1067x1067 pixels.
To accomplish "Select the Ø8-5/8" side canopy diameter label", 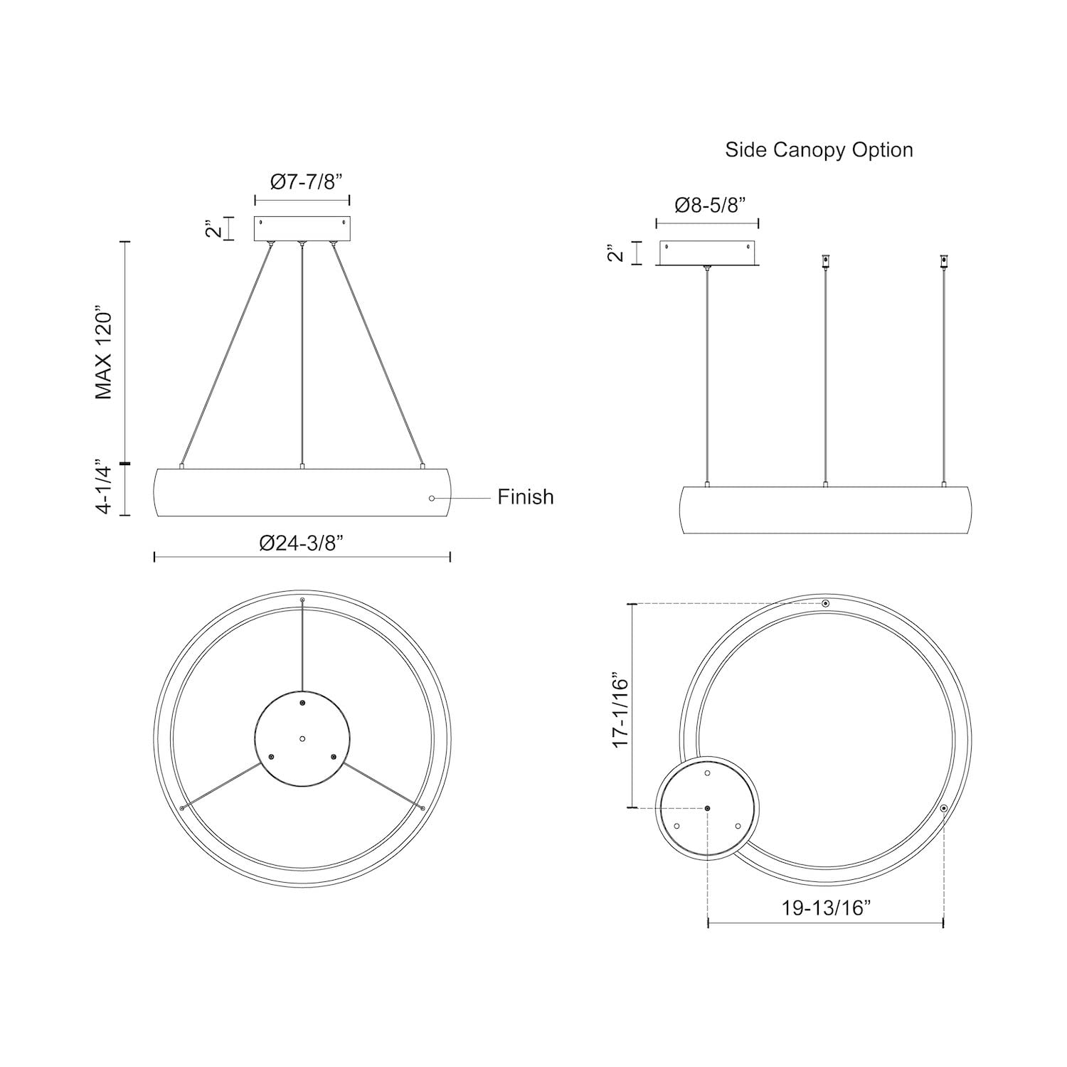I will click(709, 206).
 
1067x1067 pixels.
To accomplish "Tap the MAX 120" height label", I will click(105, 354).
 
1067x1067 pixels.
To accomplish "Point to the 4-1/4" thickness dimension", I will click(105, 487).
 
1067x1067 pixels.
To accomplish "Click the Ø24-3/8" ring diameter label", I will click(302, 543).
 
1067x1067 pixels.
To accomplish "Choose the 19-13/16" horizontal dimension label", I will click(826, 908).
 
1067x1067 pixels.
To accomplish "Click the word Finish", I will click(525, 497).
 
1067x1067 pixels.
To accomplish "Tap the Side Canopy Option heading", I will click(819, 150).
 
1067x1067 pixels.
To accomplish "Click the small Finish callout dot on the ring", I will click(432, 498).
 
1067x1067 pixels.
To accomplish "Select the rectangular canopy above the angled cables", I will click(302, 228).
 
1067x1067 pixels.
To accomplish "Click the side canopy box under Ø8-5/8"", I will click(707, 254).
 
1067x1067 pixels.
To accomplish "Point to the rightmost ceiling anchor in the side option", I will click(944, 261).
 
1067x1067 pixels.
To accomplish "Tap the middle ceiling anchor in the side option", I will click(825, 261).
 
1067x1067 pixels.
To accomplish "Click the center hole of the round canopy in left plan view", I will click(302, 739).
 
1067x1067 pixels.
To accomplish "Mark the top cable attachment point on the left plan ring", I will click(302, 601).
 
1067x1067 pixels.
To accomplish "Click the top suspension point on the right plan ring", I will click(825, 604).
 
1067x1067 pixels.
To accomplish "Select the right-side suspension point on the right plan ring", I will click(943, 809).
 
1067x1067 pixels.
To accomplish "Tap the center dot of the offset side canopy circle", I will click(708, 809).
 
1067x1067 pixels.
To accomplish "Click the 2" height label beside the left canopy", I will click(211, 228).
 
